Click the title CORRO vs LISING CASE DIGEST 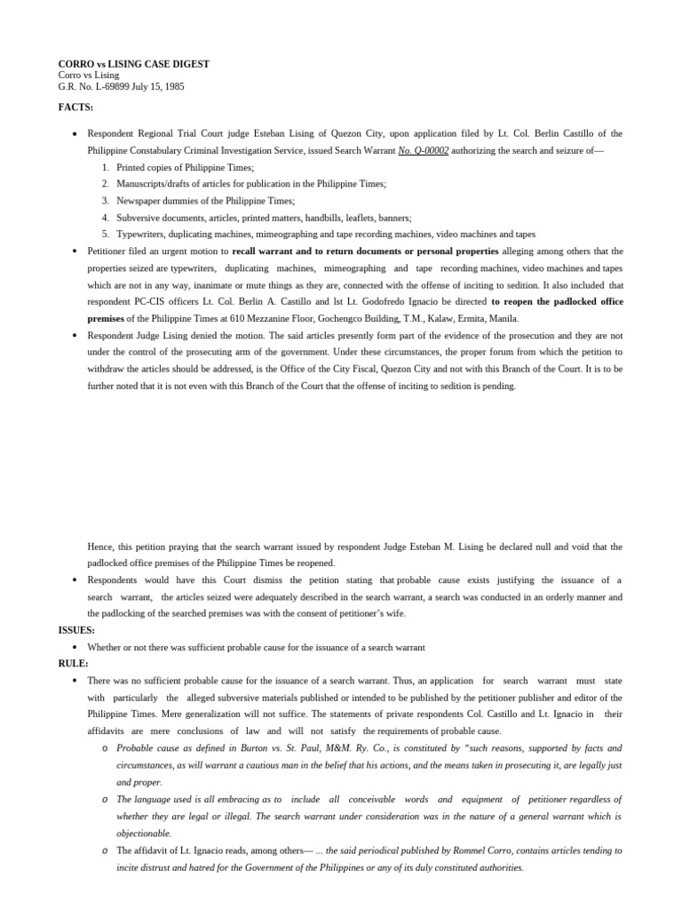coord(133,65)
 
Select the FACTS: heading coord(75,107)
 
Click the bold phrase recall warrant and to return coord(365,251)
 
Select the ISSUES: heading coord(76,630)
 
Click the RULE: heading coord(73,664)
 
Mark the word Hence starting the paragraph coord(100,547)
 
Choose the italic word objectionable coord(144,834)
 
